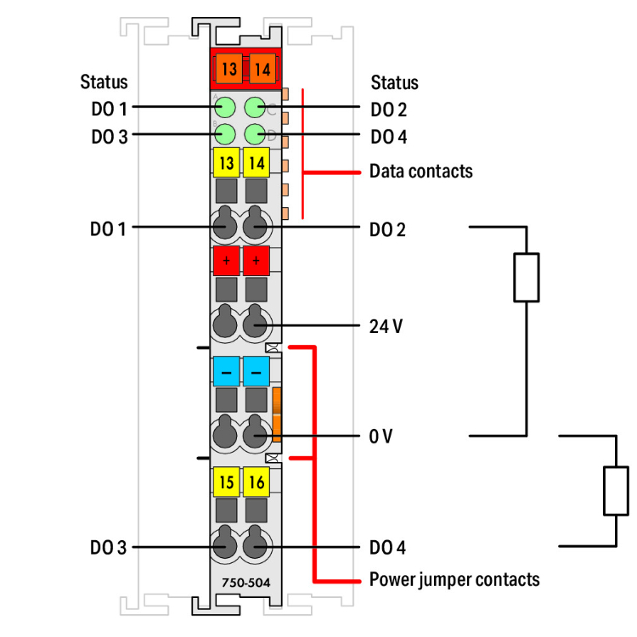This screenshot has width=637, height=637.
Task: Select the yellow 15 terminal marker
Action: pos(226,483)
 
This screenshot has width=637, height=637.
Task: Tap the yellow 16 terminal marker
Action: pos(256,483)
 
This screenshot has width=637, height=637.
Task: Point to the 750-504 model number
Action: pos(241,583)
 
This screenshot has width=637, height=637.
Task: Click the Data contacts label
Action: pos(420,172)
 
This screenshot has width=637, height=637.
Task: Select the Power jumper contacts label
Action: pos(454,580)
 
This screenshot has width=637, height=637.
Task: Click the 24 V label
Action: pos(386,325)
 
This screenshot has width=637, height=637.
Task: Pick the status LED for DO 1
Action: pos(225,108)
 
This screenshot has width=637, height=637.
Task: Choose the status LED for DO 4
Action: pos(256,133)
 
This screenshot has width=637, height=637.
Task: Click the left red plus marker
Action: pos(226,259)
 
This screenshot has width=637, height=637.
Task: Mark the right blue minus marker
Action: pos(256,371)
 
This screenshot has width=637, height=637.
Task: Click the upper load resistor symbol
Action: pos(527,277)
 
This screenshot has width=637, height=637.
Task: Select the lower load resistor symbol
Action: pos(616,491)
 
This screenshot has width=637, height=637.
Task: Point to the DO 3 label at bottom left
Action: pos(109,548)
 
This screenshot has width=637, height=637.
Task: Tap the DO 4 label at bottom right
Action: pos(388,548)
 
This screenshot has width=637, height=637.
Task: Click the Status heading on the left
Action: pos(104,82)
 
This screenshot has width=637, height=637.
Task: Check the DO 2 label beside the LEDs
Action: pos(388,109)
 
